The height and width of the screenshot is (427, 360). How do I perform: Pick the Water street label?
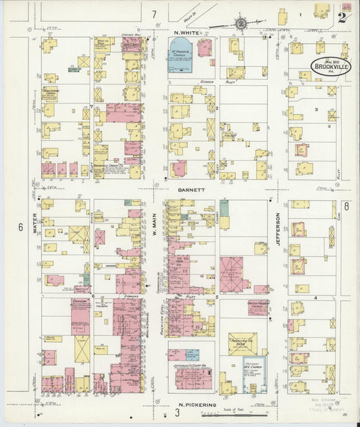(34, 224)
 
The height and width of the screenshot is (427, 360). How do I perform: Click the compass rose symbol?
(242, 24)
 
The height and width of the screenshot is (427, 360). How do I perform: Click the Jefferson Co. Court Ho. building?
(193, 373)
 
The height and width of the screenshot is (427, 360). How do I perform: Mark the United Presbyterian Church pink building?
(258, 307)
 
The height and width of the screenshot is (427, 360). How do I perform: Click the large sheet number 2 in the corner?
(342, 18)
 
